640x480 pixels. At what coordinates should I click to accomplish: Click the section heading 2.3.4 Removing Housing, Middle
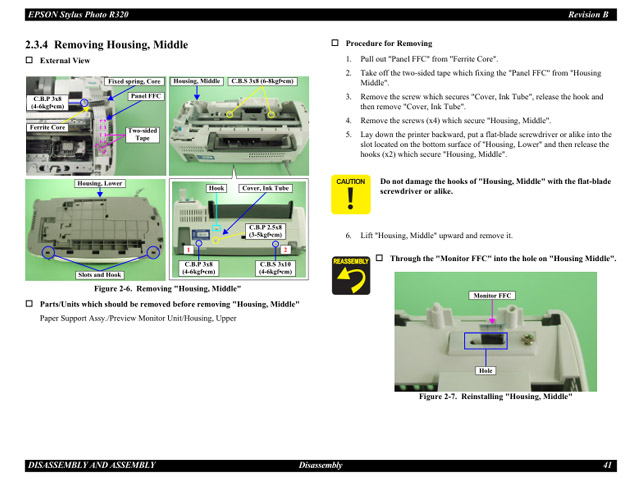click(x=107, y=45)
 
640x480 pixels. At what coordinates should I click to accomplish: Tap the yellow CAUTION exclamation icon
click(x=350, y=194)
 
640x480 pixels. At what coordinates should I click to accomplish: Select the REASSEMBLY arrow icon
click(x=350, y=274)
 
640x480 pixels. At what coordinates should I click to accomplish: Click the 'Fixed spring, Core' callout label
click(x=134, y=81)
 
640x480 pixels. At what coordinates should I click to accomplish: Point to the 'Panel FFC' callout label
click(x=146, y=96)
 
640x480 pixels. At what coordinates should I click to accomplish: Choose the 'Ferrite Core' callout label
click(x=47, y=128)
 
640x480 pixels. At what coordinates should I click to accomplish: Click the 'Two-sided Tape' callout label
click(x=143, y=135)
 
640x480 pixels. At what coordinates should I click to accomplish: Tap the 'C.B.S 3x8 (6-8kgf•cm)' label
click(x=262, y=81)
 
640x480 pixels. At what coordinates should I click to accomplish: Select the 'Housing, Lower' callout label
click(x=98, y=184)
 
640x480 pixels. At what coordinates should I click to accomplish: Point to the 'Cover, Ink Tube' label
click(x=265, y=188)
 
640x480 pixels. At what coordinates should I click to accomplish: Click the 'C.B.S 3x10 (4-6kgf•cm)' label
click(x=275, y=268)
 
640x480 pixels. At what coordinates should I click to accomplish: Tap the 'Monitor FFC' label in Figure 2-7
click(x=491, y=296)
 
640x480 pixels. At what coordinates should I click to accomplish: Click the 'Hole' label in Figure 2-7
click(x=486, y=371)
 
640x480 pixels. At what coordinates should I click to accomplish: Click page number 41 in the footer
click(x=607, y=465)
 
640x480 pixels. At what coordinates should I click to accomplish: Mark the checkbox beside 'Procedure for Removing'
click(x=335, y=44)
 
